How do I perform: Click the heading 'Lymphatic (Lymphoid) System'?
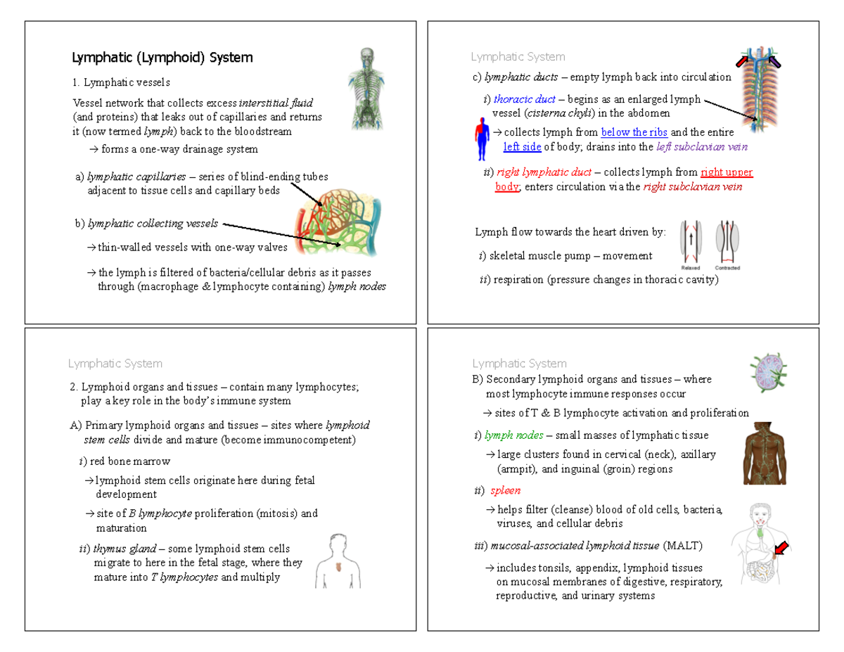[x=162, y=58]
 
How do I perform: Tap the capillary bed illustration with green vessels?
[x=338, y=220]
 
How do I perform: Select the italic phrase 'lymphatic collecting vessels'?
[x=152, y=224]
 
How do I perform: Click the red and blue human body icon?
[x=482, y=139]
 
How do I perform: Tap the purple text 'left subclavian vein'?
[x=701, y=146]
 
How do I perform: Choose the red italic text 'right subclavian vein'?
[x=693, y=187]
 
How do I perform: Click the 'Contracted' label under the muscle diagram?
[x=727, y=268]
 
